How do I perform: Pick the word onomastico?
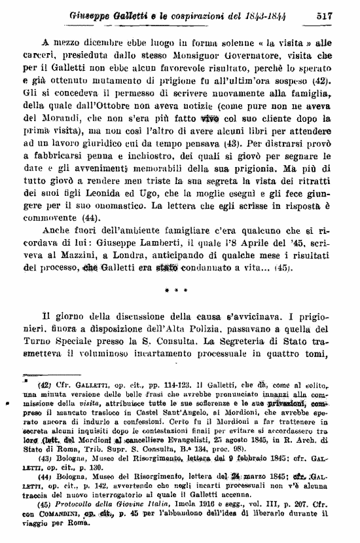(118, 206)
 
